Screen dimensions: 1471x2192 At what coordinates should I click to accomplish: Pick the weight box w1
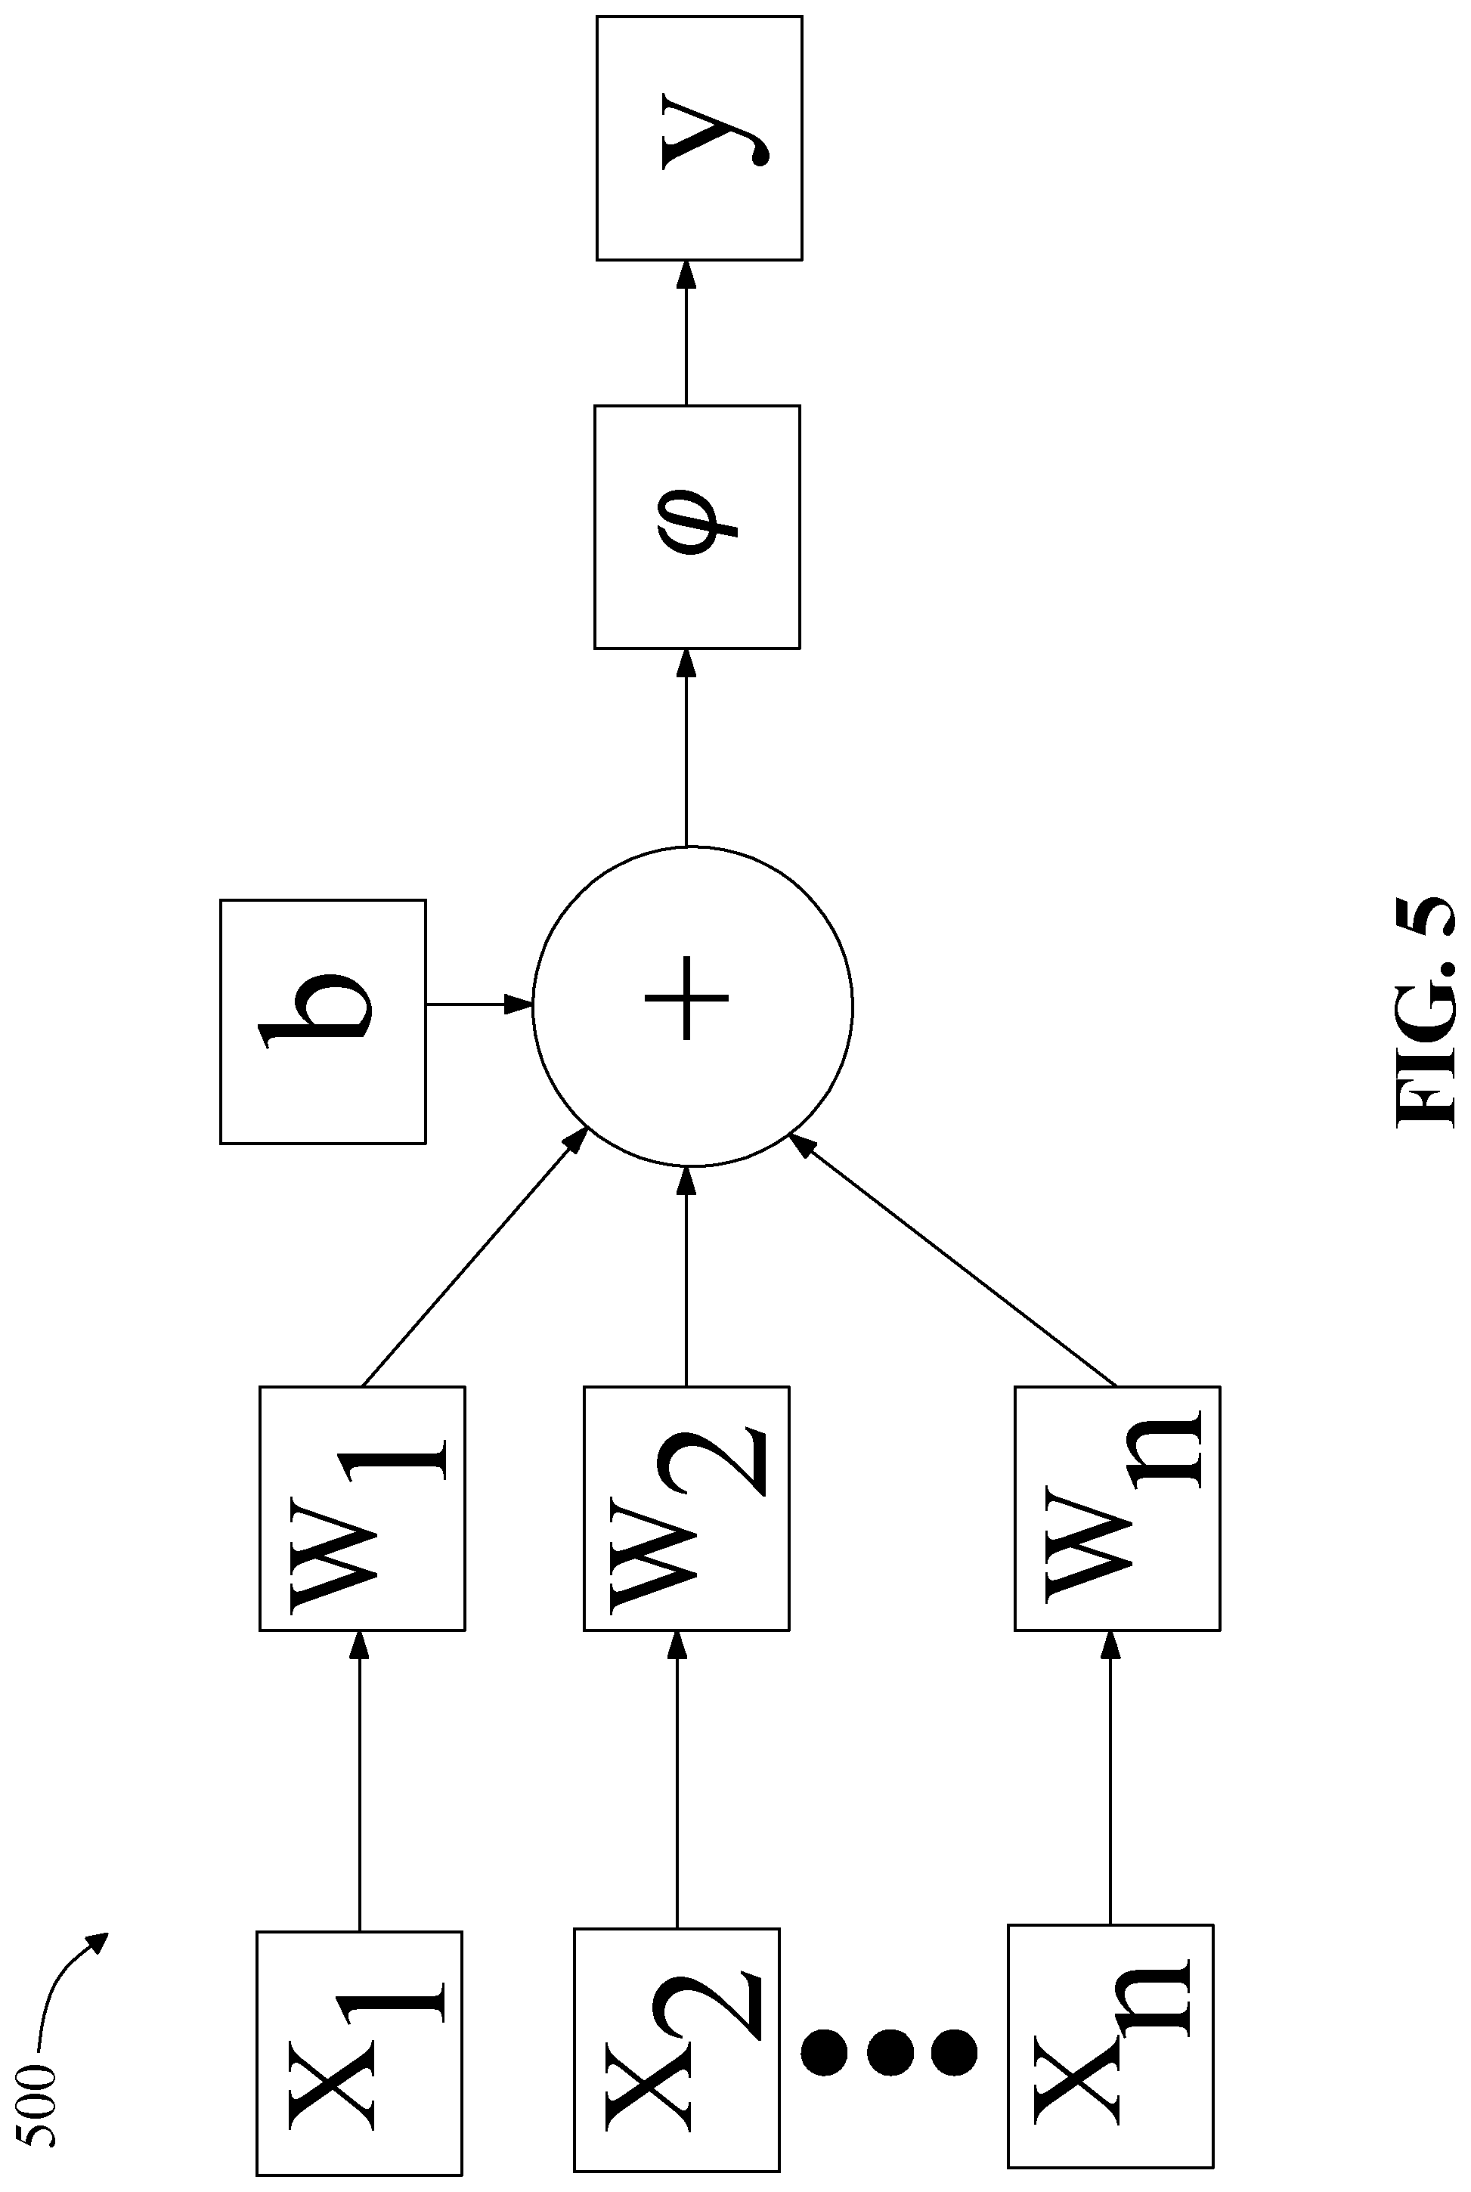click(362, 1508)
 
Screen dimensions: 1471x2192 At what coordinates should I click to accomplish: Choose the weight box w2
click(686, 1508)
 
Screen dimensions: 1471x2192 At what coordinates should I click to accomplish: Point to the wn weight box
click(1117, 1508)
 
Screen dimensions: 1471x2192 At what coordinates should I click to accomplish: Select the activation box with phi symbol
click(697, 526)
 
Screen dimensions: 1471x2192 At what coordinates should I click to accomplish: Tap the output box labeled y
click(700, 138)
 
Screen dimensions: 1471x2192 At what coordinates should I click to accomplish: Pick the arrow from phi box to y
click(686, 332)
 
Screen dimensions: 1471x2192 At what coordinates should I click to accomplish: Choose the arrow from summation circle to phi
click(686, 748)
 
